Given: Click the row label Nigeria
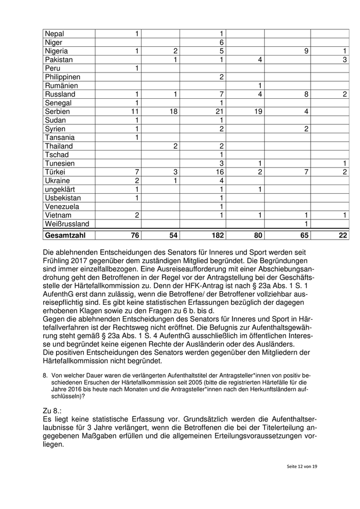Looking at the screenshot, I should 57,51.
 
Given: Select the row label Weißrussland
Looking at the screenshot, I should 67,224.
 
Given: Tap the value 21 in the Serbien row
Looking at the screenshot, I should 219,112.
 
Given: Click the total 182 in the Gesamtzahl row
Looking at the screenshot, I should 216,235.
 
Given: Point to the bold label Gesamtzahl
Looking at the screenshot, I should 66,235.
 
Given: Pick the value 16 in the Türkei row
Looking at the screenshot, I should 219,172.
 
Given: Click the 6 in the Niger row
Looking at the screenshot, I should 221,42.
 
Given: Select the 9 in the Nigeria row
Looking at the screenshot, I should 306,51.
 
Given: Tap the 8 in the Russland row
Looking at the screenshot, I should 306,94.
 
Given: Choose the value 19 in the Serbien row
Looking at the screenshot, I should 258,112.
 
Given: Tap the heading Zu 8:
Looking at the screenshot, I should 53,411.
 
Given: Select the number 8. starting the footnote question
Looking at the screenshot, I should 46,375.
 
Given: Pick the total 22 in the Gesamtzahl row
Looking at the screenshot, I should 342,235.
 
